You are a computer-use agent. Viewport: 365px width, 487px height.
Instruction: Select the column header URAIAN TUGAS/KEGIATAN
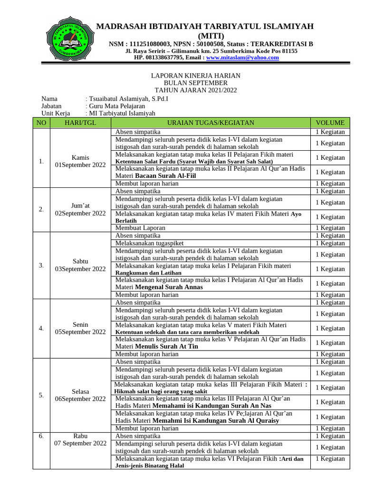(211, 123)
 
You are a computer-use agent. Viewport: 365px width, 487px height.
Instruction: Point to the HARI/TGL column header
(80, 123)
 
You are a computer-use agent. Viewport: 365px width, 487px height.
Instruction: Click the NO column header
(41, 123)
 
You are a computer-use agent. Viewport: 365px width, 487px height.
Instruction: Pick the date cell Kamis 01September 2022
(80, 161)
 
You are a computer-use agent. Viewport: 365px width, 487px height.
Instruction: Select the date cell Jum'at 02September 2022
(80, 209)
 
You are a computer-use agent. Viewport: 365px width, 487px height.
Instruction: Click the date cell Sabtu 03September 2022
(80, 265)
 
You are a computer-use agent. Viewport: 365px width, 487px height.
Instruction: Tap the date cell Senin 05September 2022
(80, 328)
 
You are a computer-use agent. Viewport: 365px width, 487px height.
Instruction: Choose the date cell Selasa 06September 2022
(80, 395)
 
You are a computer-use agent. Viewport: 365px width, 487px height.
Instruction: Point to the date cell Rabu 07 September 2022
(80, 439)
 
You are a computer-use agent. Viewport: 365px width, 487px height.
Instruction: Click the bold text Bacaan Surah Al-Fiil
(165, 175)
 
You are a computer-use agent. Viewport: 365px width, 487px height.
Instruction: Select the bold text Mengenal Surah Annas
(169, 287)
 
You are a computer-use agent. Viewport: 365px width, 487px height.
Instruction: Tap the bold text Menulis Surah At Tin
(166, 346)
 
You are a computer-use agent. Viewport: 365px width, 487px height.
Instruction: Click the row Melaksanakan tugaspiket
(149, 243)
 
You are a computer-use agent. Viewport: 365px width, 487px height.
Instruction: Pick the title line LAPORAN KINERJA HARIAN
(195, 76)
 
